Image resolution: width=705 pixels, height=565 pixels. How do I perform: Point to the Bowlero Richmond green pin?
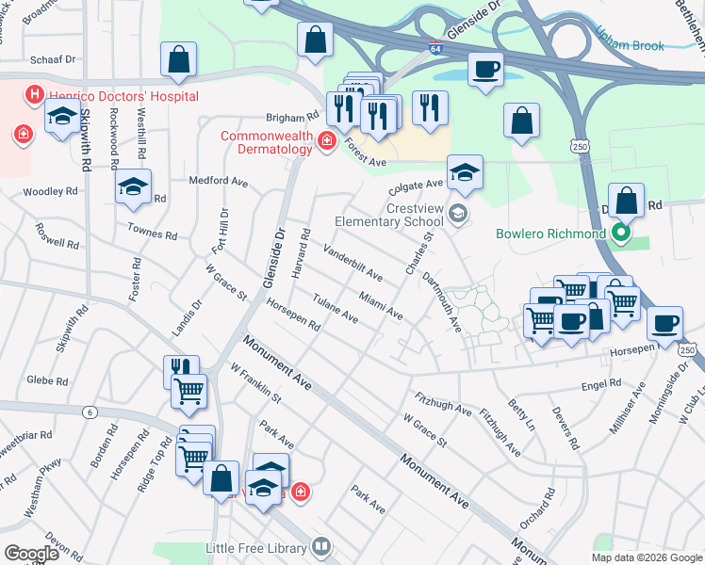tap(620, 233)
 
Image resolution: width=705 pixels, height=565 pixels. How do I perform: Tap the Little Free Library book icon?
tap(321, 547)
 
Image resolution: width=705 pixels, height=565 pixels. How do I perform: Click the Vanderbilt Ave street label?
tap(352, 263)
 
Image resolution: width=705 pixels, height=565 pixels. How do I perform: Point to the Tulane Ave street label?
tap(335, 310)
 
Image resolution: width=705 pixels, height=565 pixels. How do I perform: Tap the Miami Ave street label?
tap(381, 303)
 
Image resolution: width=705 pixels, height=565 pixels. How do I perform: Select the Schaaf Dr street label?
tap(52, 58)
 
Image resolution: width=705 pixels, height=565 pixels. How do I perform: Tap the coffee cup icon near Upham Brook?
tap(485, 69)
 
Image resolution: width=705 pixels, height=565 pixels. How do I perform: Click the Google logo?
tap(32, 554)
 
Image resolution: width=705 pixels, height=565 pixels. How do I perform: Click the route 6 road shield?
tap(90, 412)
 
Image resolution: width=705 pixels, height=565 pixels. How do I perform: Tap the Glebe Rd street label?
tap(47, 381)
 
